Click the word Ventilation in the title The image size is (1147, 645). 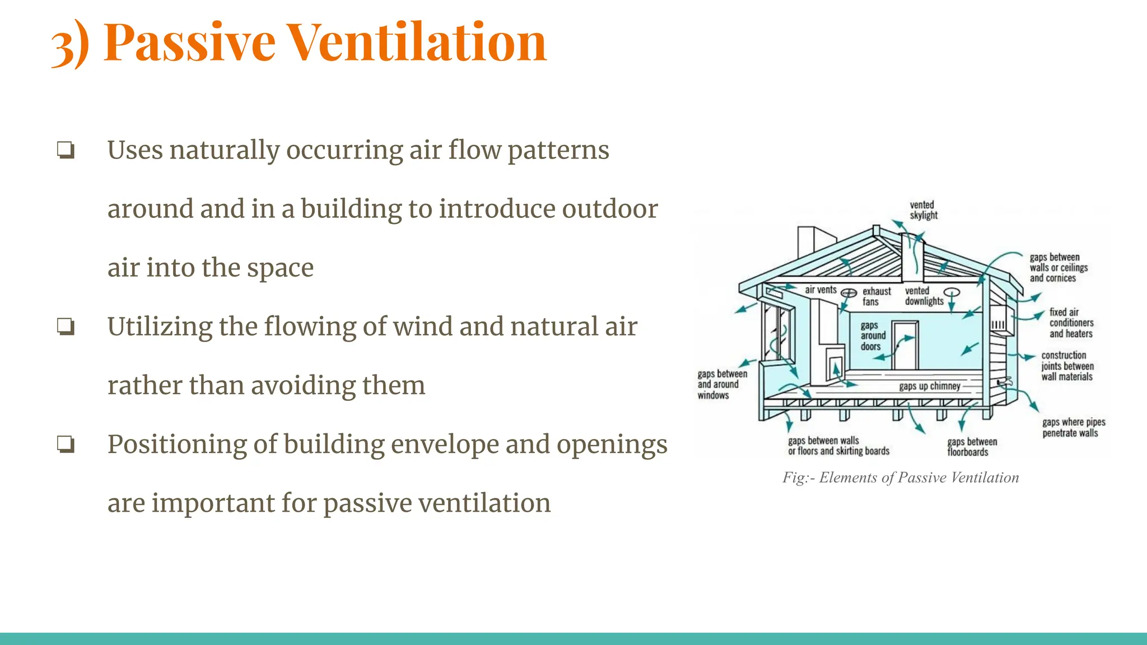(x=417, y=43)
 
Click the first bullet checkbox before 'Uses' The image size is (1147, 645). (x=66, y=151)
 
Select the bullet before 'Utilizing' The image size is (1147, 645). (x=66, y=327)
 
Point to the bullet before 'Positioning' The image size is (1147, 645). (x=66, y=445)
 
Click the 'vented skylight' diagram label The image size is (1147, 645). (x=923, y=211)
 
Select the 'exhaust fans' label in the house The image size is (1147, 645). (x=876, y=297)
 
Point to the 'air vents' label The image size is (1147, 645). (x=820, y=290)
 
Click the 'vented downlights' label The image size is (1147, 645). (x=924, y=296)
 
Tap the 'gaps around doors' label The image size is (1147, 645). (x=873, y=336)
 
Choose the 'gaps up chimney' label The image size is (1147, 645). (x=929, y=386)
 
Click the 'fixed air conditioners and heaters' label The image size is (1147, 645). (x=1070, y=323)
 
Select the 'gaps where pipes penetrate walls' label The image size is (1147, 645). (x=1073, y=428)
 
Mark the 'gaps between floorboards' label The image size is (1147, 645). (x=972, y=447)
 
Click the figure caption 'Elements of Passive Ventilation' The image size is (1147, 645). (x=901, y=478)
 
